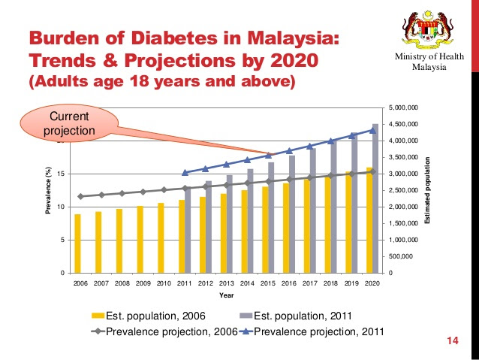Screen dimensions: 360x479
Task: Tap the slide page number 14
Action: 452,342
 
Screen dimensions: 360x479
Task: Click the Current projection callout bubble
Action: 68,123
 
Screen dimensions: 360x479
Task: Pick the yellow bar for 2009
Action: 140,239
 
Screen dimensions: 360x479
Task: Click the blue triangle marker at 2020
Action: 373,130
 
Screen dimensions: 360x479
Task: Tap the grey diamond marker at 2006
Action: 80,197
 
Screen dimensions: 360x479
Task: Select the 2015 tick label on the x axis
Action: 268,283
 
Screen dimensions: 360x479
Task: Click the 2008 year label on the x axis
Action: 122,283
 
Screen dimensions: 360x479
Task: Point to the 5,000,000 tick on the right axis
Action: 405,108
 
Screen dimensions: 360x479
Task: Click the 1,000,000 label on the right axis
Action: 405,240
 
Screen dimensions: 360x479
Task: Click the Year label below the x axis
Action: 226,295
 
